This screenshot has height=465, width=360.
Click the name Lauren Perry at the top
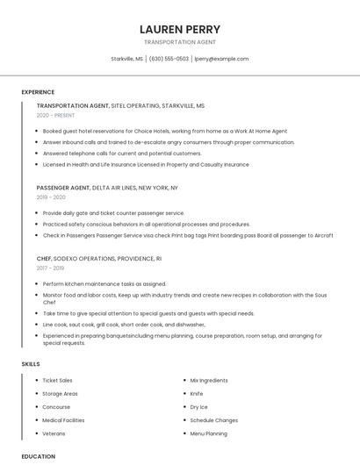[179, 29]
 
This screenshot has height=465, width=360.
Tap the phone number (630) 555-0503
[169, 59]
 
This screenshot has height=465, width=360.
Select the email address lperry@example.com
[221, 59]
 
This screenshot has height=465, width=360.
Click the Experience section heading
[38, 92]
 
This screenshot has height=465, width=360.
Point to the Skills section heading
[31, 363]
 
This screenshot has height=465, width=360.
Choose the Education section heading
[38, 456]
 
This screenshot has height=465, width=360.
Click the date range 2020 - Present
[55, 115]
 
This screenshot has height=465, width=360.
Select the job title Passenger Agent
[63, 188]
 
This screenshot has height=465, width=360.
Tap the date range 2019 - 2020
[52, 197]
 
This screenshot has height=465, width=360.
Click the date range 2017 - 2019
[52, 268]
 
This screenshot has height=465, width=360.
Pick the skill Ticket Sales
[58, 381]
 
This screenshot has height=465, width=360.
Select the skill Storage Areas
[61, 394]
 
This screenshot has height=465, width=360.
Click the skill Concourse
[56, 407]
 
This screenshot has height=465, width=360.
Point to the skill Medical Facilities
[64, 420]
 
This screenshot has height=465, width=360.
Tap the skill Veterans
[54, 433]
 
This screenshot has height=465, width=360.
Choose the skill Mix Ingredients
[209, 381]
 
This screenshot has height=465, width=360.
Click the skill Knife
[197, 394]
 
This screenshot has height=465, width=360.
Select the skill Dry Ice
[199, 407]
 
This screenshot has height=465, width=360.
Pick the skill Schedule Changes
[214, 420]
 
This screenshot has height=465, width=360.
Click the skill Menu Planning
[209, 433]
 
